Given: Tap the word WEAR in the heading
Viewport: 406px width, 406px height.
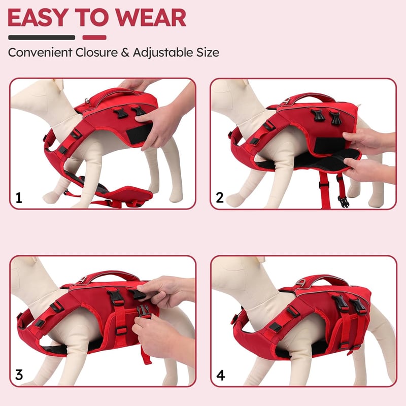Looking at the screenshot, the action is click(151, 17).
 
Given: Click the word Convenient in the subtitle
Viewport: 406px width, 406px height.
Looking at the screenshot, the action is click(40, 52).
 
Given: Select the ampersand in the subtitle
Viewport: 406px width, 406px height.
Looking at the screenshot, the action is click(125, 53).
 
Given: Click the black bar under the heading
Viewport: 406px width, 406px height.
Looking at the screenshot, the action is click(42, 38).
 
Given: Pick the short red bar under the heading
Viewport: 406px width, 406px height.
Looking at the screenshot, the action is click(94, 38).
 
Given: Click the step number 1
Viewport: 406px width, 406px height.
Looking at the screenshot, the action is click(19, 198).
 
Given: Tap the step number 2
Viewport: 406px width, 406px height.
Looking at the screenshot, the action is click(220, 197).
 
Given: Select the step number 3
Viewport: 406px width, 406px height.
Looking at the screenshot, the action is click(19, 375).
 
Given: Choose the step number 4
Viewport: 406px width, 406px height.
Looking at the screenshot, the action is click(220, 375).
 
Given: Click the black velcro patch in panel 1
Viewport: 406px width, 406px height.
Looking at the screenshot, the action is click(139, 133).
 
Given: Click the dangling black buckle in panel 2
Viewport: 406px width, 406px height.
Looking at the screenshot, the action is click(344, 201).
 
